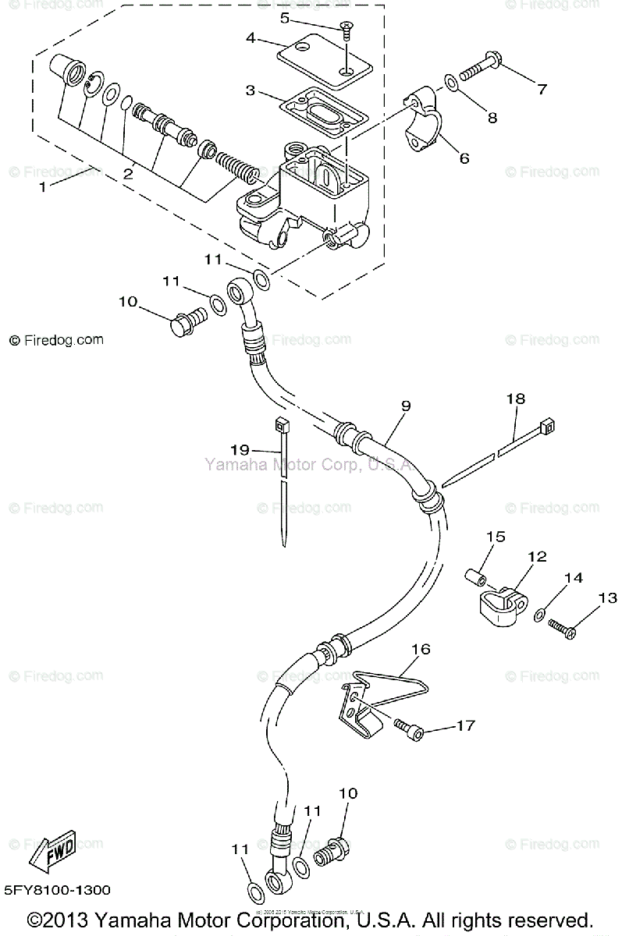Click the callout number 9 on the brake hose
point(406,406)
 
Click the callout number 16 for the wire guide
point(421,649)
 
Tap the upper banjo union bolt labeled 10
point(187,324)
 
